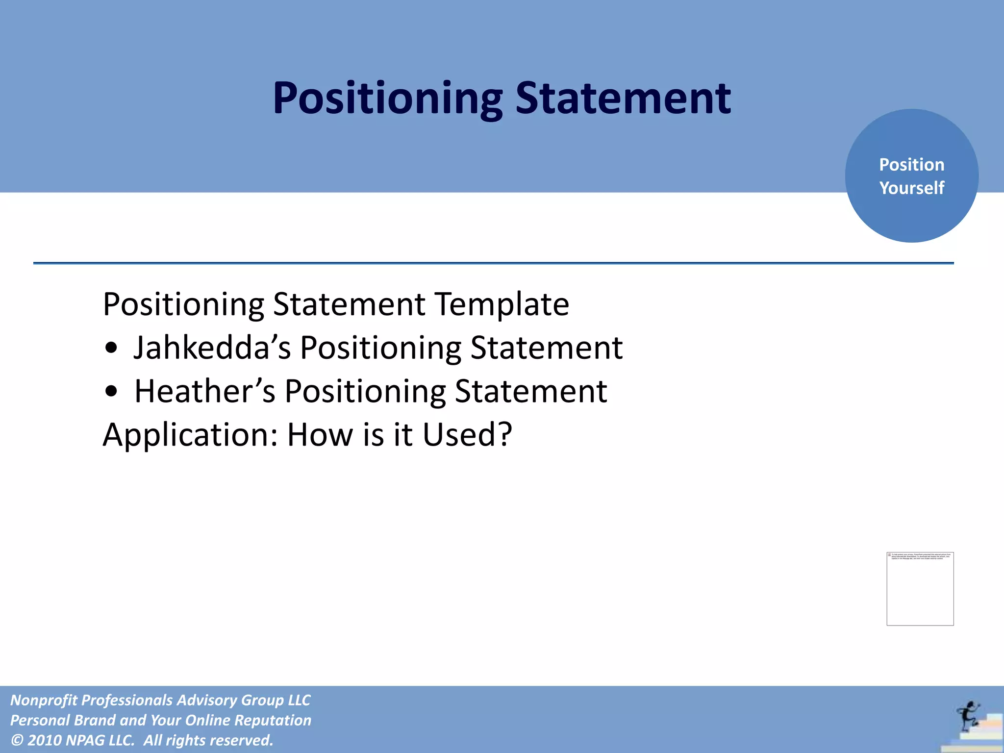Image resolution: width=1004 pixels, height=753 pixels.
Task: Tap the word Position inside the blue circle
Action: point(911,165)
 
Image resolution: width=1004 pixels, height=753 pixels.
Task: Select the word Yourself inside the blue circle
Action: point(911,188)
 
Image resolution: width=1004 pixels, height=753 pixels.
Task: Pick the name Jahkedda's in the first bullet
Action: point(212,348)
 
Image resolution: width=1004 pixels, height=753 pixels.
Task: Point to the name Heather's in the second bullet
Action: point(204,391)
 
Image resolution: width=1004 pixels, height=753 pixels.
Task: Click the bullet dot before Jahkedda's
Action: point(112,348)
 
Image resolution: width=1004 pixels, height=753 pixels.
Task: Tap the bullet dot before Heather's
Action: point(112,391)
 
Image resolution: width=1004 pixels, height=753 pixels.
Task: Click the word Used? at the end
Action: point(467,434)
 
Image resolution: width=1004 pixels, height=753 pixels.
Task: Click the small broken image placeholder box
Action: point(920,589)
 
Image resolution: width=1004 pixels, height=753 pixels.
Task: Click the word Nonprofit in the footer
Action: point(44,700)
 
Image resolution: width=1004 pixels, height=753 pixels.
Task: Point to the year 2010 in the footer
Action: point(44,740)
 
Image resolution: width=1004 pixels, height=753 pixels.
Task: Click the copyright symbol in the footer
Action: point(17,740)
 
